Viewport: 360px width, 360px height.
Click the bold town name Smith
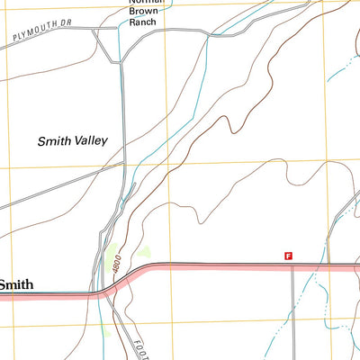(16, 284)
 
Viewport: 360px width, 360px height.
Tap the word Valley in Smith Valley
(90, 140)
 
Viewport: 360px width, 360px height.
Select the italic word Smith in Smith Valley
(54, 140)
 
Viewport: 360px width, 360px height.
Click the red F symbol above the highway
(288, 256)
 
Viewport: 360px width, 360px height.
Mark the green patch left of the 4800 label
(110, 255)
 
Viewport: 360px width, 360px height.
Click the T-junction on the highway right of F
(292, 266)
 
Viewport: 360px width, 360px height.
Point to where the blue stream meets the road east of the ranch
(209, 35)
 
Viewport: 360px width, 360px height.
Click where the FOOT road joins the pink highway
(111, 290)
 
